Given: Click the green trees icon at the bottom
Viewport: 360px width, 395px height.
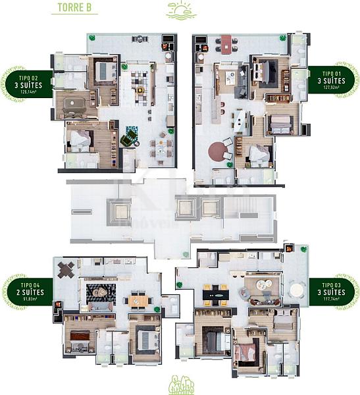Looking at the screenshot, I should tap(180, 384).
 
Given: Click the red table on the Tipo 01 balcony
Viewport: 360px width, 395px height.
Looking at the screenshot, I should tap(226, 43).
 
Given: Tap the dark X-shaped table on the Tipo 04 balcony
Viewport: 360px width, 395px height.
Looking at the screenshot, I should tap(66, 269).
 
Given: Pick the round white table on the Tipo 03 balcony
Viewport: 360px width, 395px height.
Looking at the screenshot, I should tap(263, 285).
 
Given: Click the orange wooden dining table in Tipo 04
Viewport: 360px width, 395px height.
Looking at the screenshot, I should tap(138, 300).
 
